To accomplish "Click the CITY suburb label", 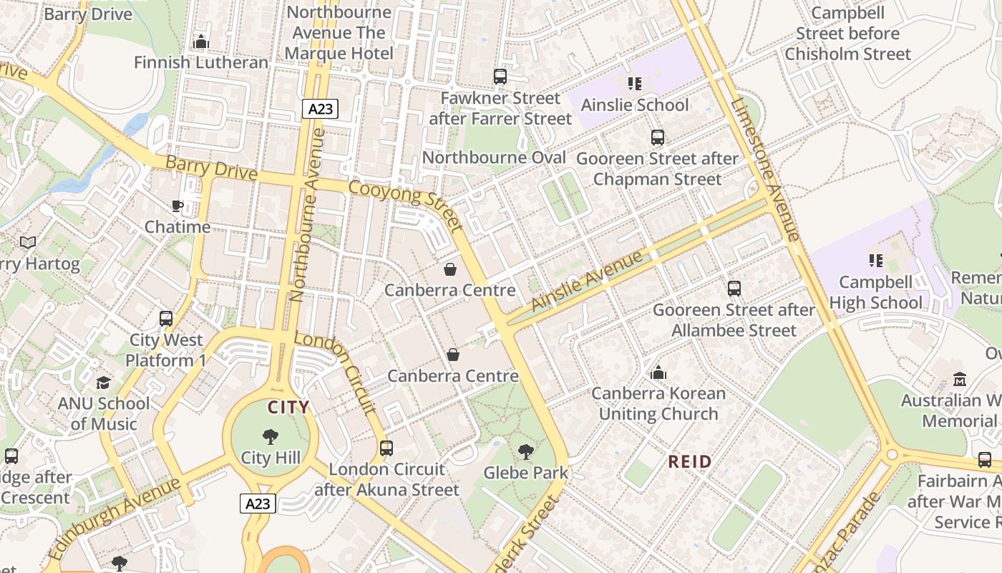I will [288, 408].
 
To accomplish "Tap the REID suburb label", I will [690, 461].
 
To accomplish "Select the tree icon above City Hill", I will [271, 436].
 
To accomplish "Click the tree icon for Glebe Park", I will [525, 451].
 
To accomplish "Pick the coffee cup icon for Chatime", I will [177, 206].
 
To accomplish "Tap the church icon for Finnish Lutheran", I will [201, 42].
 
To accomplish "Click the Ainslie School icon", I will [634, 84].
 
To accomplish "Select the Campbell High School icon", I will [875, 261].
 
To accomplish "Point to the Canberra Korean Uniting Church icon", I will [658, 372].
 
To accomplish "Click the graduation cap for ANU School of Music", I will [104, 382].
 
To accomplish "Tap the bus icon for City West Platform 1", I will [166, 319].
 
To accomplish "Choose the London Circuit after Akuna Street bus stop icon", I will [386, 448].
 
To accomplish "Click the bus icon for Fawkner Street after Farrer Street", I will [500, 77].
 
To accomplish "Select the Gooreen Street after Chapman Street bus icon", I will [657, 138].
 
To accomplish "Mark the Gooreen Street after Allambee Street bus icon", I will [734, 289].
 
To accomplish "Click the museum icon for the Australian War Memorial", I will [959, 380].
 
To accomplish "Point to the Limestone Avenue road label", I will [764, 169].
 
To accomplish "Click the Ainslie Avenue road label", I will [587, 280].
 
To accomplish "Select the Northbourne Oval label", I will [494, 158].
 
